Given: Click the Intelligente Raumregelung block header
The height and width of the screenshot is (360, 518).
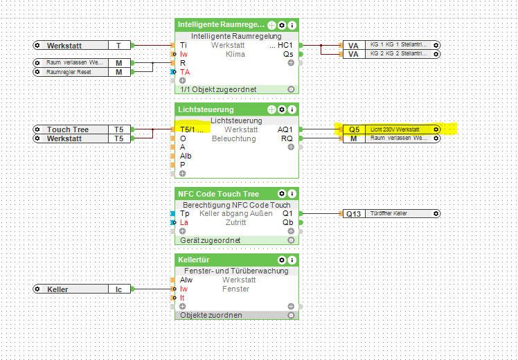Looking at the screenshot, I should point(220,25).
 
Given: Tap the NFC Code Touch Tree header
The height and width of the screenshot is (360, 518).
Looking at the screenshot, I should point(218,193).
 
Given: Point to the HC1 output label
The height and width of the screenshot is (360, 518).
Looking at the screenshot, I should point(285,45).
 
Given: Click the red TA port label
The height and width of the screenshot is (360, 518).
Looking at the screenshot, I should point(185,72).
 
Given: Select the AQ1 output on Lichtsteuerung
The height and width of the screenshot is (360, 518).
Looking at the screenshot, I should point(285,129).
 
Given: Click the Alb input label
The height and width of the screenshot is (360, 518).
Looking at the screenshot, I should point(186,156).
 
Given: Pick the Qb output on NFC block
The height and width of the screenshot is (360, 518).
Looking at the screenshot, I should point(287,222).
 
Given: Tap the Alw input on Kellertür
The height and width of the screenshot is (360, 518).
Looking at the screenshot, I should point(186,280).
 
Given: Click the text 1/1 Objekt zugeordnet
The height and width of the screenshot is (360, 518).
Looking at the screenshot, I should point(219,89).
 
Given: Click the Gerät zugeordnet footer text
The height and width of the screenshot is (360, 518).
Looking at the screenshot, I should point(209,240).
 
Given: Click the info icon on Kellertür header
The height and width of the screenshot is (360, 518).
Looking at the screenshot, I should point(292,260).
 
